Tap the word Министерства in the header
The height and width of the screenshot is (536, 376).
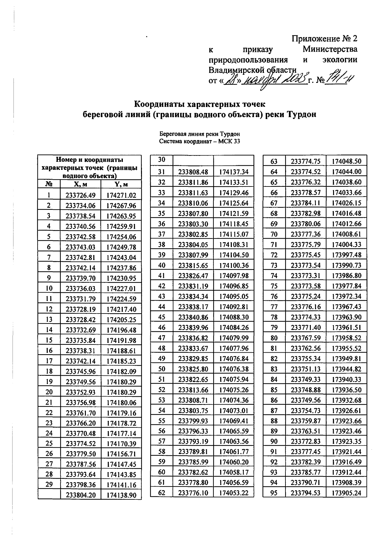(330, 49)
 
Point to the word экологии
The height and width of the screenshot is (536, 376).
(340, 60)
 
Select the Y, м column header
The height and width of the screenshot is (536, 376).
(121, 184)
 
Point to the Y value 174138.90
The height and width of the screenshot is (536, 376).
(121, 495)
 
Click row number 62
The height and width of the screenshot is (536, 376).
(161, 493)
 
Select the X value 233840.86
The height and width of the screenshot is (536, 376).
(193, 317)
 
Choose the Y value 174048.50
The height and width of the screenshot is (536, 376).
(347, 161)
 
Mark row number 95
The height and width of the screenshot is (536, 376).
(274, 493)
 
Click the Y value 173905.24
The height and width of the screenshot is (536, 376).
(347, 493)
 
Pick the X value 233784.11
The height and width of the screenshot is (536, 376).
(305, 203)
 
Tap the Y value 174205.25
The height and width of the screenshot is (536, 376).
(121, 320)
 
